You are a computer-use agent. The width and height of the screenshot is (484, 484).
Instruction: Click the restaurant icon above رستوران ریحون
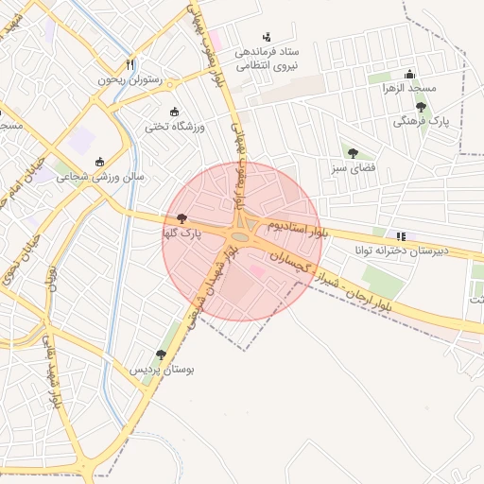click(x=130, y=64)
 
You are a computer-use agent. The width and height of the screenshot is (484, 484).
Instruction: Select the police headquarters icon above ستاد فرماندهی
click(x=266, y=36)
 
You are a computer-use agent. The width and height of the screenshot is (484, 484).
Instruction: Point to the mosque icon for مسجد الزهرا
click(x=409, y=74)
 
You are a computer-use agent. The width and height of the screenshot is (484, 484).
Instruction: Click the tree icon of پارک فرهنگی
click(x=421, y=108)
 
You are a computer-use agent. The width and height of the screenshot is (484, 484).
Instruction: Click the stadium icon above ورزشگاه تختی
click(x=172, y=112)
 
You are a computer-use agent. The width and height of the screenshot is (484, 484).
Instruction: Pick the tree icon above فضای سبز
click(x=353, y=153)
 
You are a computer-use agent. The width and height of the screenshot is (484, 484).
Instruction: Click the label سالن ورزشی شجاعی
click(x=99, y=176)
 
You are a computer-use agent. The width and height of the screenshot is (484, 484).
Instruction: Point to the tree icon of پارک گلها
click(x=181, y=217)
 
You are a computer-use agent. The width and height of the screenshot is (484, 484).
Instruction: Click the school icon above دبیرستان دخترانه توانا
click(x=401, y=235)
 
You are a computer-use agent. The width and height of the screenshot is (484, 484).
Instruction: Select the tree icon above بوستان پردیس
click(x=161, y=354)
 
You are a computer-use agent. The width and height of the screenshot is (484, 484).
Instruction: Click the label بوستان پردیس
click(x=162, y=369)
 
